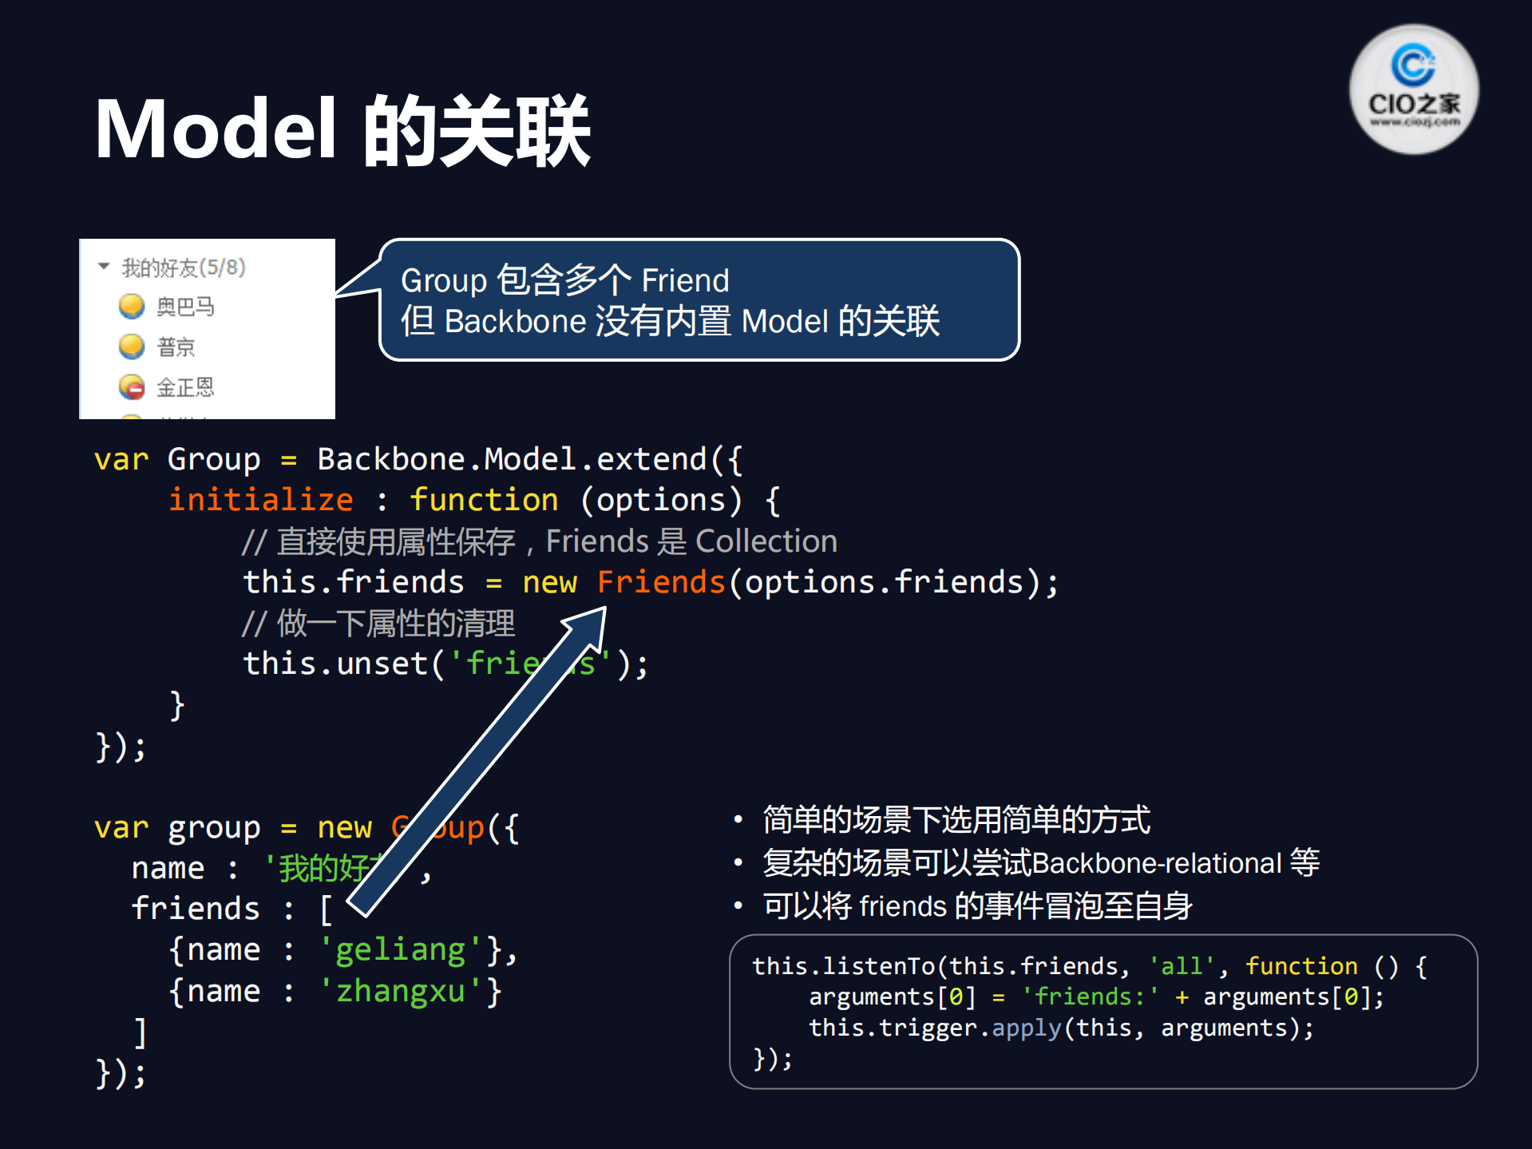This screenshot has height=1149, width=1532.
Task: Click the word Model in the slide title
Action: (x=216, y=129)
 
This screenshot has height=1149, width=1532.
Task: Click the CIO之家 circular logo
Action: (x=1413, y=89)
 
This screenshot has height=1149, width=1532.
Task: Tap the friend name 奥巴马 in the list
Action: (x=185, y=307)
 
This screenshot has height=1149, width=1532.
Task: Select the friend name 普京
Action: (x=176, y=347)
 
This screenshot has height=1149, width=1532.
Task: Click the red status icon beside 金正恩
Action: (x=132, y=388)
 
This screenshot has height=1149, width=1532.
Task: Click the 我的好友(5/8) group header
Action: (x=183, y=267)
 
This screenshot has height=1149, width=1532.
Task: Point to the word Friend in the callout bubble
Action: (x=685, y=281)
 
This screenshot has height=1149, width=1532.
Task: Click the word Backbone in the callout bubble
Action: (x=515, y=322)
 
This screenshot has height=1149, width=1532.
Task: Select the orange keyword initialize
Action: (x=260, y=500)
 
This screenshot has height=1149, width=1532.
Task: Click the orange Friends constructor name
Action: (x=661, y=582)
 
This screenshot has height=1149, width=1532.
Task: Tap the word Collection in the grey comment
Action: (x=766, y=541)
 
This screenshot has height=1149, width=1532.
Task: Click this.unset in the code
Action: (x=335, y=664)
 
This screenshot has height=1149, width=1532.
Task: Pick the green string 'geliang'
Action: (x=400, y=949)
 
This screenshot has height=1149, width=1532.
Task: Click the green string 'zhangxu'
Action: (x=400, y=991)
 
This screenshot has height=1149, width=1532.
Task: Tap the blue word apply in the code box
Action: (x=1026, y=1028)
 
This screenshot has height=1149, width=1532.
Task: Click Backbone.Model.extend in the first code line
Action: (x=511, y=459)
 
